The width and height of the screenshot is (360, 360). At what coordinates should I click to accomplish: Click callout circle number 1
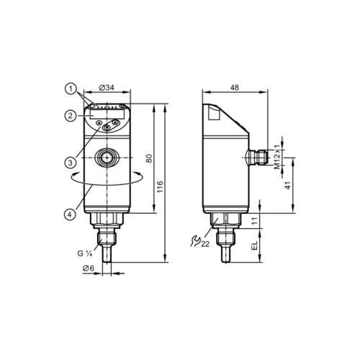tap(71, 89)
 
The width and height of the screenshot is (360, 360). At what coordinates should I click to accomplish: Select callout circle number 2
tap(70, 116)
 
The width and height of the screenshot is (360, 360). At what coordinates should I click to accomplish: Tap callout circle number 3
tap(70, 163)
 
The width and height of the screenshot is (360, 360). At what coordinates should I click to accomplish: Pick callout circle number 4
tap(70, 214)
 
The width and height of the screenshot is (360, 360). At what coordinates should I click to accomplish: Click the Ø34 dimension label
tap(107, 88)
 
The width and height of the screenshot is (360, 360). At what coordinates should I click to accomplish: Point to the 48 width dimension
tap(235, 88)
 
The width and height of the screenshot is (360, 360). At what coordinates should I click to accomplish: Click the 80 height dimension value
tap(149, 158)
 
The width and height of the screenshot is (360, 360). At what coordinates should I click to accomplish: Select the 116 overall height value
tap(160, 186)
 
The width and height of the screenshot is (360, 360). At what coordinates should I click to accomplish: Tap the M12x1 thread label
tap(277, 157)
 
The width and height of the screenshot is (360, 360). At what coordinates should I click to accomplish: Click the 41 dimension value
tap(287, 185)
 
